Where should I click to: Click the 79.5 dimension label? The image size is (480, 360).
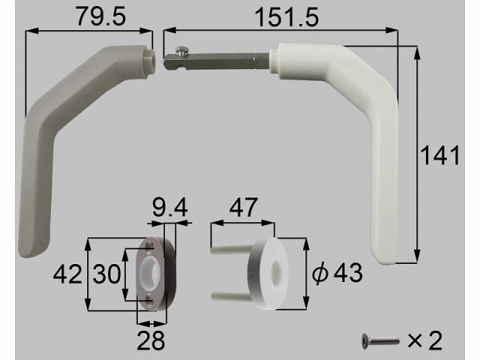(100, 16)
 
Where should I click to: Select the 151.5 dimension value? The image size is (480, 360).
(286, 17)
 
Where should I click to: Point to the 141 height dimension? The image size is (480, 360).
(440, 155)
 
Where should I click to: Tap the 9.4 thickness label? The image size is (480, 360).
(170, 207)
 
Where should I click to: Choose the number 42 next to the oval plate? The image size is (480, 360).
(67, 274)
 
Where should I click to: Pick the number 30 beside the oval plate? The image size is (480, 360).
(106, 273)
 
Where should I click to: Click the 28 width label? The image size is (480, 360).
(151, 340)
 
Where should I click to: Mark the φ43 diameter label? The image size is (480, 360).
(337, 273)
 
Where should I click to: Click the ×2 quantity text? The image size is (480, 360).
(425, 340)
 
